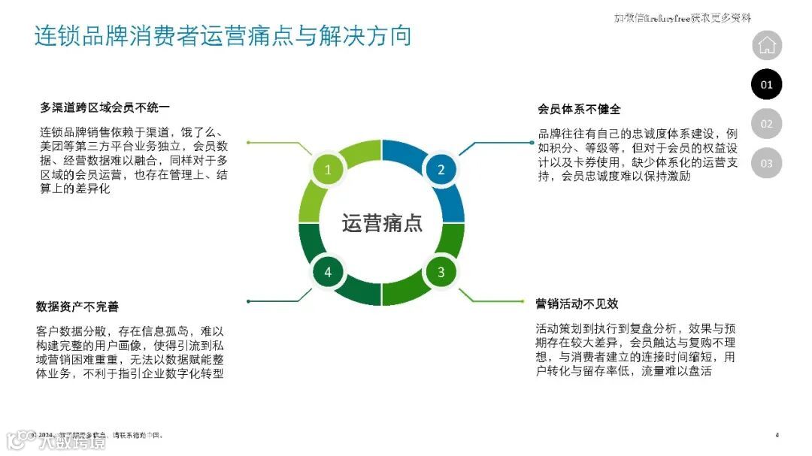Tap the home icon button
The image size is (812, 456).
[x=766, y=45]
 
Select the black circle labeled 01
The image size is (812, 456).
[x=766, y=84]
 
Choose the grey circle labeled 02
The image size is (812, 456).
[x=766, y=124]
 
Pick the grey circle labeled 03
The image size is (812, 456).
[x=766, y=163]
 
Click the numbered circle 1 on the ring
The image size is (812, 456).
[x=328, y=170]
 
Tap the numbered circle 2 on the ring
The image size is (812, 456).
[x=441, y=170]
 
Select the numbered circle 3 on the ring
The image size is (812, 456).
[x=441, y=272]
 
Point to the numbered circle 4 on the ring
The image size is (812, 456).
[x=328, y=272]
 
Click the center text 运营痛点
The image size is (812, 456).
[x=383, y=223]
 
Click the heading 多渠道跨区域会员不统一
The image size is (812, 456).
[x=105, y=108]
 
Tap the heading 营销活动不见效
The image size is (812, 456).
[x=577, y=303]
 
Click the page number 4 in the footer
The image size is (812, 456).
[x=777, y=435]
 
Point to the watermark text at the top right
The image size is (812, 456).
[x=683, y=18]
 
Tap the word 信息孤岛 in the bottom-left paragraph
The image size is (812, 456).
[x=168, y=331]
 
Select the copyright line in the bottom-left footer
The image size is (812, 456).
[x=98, y=435]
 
